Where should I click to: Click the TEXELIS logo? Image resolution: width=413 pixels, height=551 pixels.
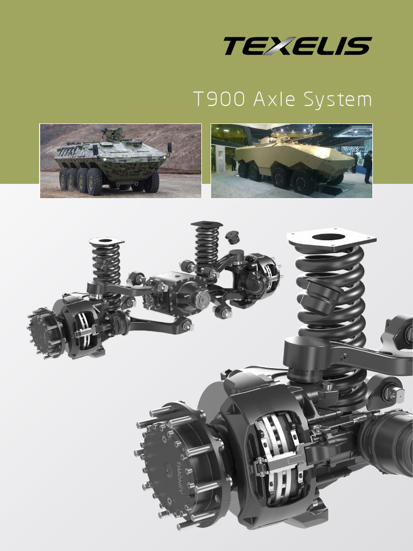pos(297,46)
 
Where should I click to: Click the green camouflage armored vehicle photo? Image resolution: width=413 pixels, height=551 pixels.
pos(120,160)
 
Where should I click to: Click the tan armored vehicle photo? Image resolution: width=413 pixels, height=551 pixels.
pos(291,160)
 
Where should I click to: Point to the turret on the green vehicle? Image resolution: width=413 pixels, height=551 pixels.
pos(112,135)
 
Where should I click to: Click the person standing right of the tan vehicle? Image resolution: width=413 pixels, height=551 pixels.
pos(368,167)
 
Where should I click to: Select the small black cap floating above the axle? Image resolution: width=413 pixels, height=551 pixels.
pos(233,237)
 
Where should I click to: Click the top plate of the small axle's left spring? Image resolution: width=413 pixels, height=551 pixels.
pos(106,242)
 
